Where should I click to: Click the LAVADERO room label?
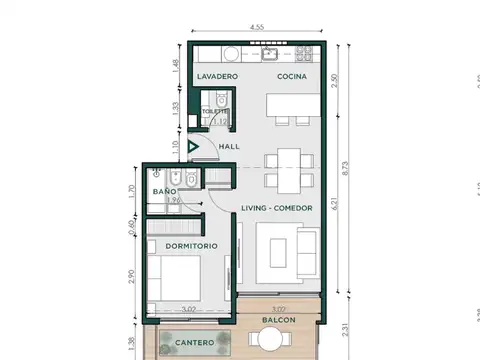tap(217, 77)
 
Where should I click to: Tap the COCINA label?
tap(291, 77)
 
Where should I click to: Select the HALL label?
tap(230, 146)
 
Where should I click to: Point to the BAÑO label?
tap(165, 190)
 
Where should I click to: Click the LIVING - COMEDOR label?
tap(277, 208)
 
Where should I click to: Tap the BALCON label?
tap(279, 321)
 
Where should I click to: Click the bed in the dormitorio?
tap(179, 283)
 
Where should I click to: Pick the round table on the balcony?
tap(270, 342)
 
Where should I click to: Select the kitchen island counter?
tap(292, 104)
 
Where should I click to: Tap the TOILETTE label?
tap(212, 112)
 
